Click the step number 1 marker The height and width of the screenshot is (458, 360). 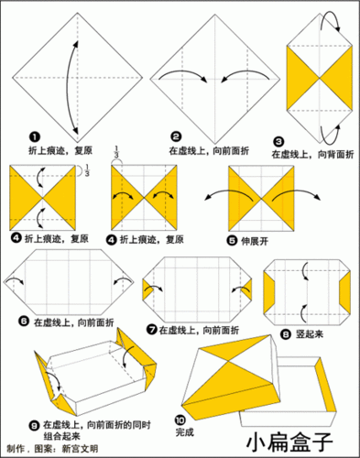pos(33,135)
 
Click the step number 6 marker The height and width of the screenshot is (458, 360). pos(25,322)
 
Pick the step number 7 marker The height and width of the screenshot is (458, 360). pos(150,328)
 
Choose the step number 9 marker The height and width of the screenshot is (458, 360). pos(33,424)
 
